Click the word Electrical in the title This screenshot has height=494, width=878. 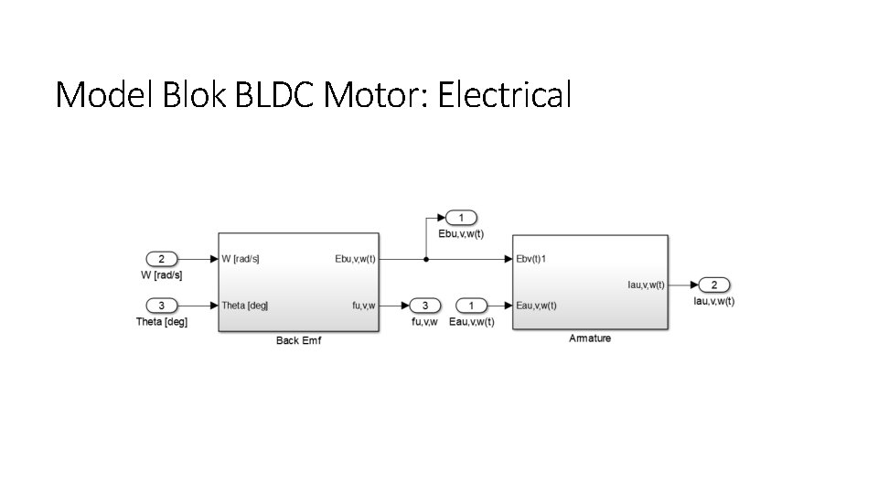coord(504,94)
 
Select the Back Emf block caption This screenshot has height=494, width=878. coord(298,341)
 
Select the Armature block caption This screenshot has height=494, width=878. coord(590,338)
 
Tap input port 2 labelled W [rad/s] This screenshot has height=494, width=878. coord(161,259)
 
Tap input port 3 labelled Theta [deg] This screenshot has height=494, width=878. coord(161,305)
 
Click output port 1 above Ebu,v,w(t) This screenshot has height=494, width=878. coord(462,218)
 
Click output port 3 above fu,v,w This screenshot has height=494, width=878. coord(424,305)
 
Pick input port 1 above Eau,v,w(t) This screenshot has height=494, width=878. coord(472,305)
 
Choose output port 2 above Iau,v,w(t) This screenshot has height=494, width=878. coord(714,285)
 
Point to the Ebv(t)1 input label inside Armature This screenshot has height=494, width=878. coord(531,259)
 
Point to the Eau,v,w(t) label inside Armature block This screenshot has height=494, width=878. coord(537,306)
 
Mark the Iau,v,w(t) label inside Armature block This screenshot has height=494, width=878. coord(646,285)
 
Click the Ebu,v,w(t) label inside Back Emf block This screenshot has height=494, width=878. coord(355,259)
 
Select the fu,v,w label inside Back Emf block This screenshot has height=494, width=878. coord(364,306)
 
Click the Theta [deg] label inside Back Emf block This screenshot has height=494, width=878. coord(244,306)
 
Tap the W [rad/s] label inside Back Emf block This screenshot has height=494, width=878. coord(241,259)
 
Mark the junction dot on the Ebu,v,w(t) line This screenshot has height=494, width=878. coord(426,259)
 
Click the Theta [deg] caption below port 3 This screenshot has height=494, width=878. coord(161,322)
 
